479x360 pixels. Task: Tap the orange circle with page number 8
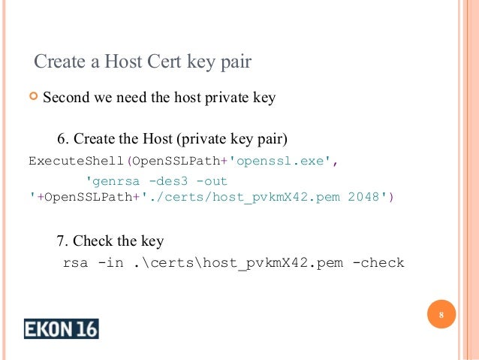coord(441,315)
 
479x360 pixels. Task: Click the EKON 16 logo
coord(61,328)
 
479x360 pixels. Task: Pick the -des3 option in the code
coord(167,181)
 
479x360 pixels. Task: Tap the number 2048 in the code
coord(365,197)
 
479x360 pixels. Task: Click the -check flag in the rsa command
coord(378,263)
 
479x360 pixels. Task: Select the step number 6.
coord(62,140)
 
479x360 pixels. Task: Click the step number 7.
coord(62,241)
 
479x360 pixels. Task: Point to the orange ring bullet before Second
coord(32,98)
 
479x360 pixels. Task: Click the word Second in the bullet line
coord(66,98)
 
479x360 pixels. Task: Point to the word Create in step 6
coord(97,140)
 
